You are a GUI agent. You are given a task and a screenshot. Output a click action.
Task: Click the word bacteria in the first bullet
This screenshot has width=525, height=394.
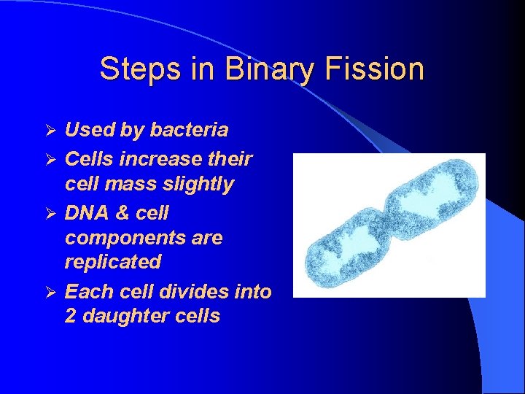pyautogui.click(x=189, y=130)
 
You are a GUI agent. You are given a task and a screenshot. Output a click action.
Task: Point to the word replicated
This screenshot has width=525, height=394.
pyautogui.click(x=113, y=261)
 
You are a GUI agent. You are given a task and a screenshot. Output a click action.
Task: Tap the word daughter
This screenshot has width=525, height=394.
pyautogui.click(x=123, y=316)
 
